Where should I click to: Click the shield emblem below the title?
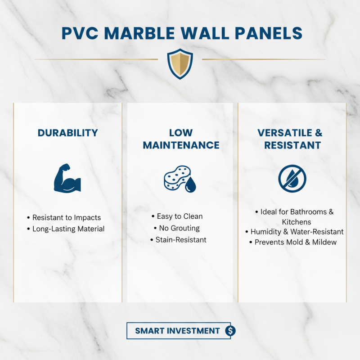pyautogui.click(x=180, y=63)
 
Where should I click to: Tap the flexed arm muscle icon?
pyautogui.click(x=67, y=178)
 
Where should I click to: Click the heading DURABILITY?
pyautogui.click(x=67, y=133)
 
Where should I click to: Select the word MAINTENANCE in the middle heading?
pyautogui.click(x=181, y=145)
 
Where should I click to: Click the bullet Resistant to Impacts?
pyautogui.click(x=67, y=218)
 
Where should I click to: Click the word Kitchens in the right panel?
pyautogui.click(x=297, y=222)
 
